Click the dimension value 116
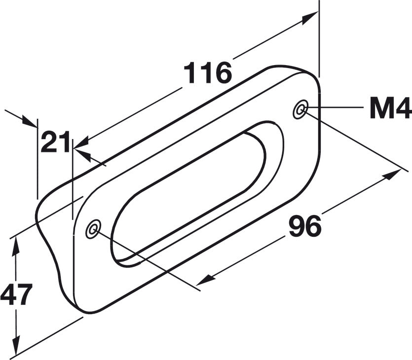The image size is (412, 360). (208, 72)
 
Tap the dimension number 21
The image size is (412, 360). (56, 142)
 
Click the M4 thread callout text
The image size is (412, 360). (390, 108)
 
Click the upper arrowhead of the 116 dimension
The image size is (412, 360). (310, 18)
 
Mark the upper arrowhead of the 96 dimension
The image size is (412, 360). (393, 175)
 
